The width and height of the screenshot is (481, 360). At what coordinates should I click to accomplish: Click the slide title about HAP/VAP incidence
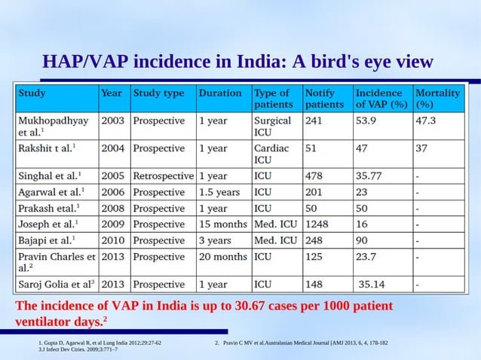pyautogui.click(x=237, y=61)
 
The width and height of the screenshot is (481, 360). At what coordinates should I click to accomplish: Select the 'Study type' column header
pyautogui.click(x=158, y=94)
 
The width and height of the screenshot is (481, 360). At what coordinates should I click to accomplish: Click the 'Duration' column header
pyautogui.click(x=220, y=94)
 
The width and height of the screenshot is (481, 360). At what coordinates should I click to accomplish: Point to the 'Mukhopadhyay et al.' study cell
pyautogui.click(x=53, y=126)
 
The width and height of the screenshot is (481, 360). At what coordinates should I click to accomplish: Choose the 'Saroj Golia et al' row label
pyautogui.click(x=57, y=285)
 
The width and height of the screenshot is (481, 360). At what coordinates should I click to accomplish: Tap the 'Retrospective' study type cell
pyautogui.click(x=163, y=175)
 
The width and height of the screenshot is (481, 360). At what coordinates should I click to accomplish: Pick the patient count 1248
pyautogui.click(x=317, y=224)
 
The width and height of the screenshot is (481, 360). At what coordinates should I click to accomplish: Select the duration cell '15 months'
pyautogui.click(x=223, y=224)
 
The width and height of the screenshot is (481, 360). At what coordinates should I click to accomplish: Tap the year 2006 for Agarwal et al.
pyautogui.click(x=112, y=192)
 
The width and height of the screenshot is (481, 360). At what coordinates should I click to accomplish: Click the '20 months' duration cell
pyautogui.click(x=223, y=257)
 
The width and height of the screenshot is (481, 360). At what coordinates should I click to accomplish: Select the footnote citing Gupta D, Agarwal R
pyautogui.click(x=100, y=343)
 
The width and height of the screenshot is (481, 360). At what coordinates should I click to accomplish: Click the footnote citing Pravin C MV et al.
pyautogui.click(x=302, y=343)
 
